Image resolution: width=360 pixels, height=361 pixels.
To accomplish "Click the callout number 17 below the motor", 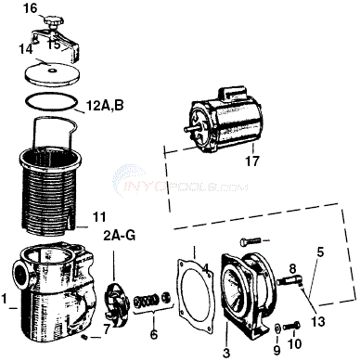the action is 252,161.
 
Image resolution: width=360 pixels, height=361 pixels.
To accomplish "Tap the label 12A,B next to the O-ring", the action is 104,106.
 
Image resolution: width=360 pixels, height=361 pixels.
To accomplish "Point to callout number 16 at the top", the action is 31,8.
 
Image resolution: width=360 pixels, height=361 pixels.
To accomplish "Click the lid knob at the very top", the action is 54,22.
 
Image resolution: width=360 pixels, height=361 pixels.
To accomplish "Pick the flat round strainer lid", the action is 52,73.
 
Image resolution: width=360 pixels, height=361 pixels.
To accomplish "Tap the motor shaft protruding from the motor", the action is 190,128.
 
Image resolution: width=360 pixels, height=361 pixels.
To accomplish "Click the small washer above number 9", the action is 277,328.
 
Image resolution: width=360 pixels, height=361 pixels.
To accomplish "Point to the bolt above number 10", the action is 292,326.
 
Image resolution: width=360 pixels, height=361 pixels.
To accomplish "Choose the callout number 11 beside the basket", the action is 99,217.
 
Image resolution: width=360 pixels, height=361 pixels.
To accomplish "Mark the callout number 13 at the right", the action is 318,321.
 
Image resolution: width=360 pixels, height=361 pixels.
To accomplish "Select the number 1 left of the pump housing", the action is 4,299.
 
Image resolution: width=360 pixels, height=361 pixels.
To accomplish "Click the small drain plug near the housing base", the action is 84,338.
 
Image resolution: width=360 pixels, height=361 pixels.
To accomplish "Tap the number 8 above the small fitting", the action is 293,268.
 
